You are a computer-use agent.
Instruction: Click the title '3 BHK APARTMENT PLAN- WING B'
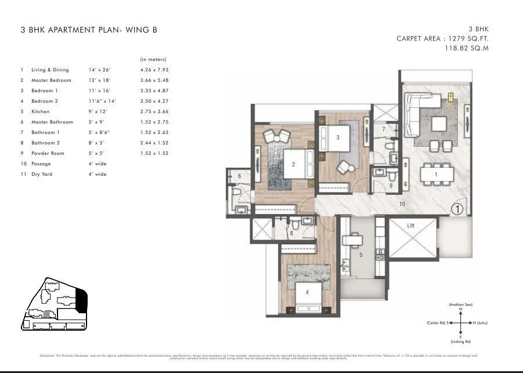(88, 30)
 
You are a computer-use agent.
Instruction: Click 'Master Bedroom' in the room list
(51, 80)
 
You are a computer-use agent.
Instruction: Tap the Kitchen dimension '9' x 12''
(98, 111)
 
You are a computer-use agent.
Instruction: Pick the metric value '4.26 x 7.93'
(154, 70)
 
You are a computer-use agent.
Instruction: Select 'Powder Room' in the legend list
(48, 153)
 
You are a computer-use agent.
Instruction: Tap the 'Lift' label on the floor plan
(410, 225)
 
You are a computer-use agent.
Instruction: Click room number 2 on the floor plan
(293, 165)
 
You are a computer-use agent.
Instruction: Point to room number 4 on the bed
(307, 292)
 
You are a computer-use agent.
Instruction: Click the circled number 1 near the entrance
(457, 209)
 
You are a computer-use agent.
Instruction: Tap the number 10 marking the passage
(402, 204)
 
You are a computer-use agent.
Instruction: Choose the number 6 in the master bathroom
(239, 176)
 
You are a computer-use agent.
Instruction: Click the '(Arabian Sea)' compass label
(459, 305)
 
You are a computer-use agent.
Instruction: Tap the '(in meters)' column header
(153, 59)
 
